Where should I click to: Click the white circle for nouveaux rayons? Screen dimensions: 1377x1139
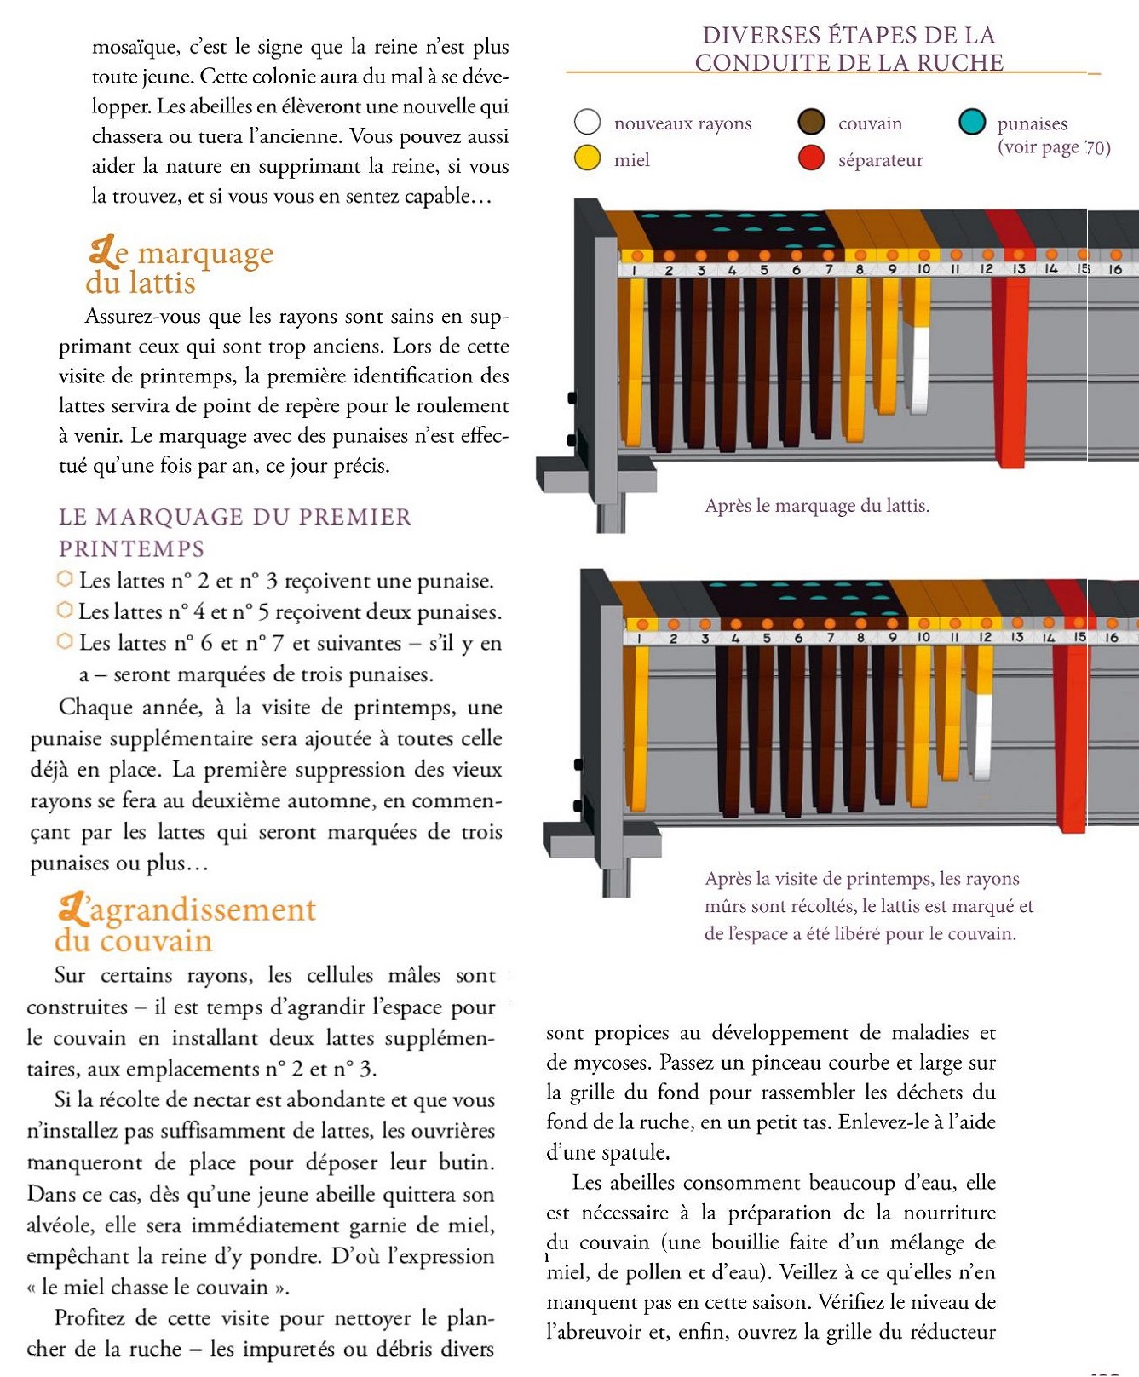(588, 122)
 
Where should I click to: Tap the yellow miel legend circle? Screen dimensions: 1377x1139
(588, 158)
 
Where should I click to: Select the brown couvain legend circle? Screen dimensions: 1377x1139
(811, 122)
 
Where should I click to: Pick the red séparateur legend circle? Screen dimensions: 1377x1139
(811, 158)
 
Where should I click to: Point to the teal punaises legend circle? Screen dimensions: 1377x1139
(972, 122)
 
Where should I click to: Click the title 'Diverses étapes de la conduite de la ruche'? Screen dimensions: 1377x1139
(848, 49)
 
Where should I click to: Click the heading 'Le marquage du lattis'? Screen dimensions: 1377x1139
(180, 267)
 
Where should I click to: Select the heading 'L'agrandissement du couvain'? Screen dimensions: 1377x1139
(186, 924)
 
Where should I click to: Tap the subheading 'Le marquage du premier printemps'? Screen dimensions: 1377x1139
(234, 532)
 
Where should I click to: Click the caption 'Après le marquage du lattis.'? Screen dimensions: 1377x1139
(817, 506)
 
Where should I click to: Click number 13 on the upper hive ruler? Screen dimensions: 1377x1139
(1018, 269)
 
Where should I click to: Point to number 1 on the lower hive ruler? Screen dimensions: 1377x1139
(636, 638)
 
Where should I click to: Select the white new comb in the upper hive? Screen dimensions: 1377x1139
(918, 370)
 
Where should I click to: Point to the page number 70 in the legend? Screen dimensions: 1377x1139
(1096, 147)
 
